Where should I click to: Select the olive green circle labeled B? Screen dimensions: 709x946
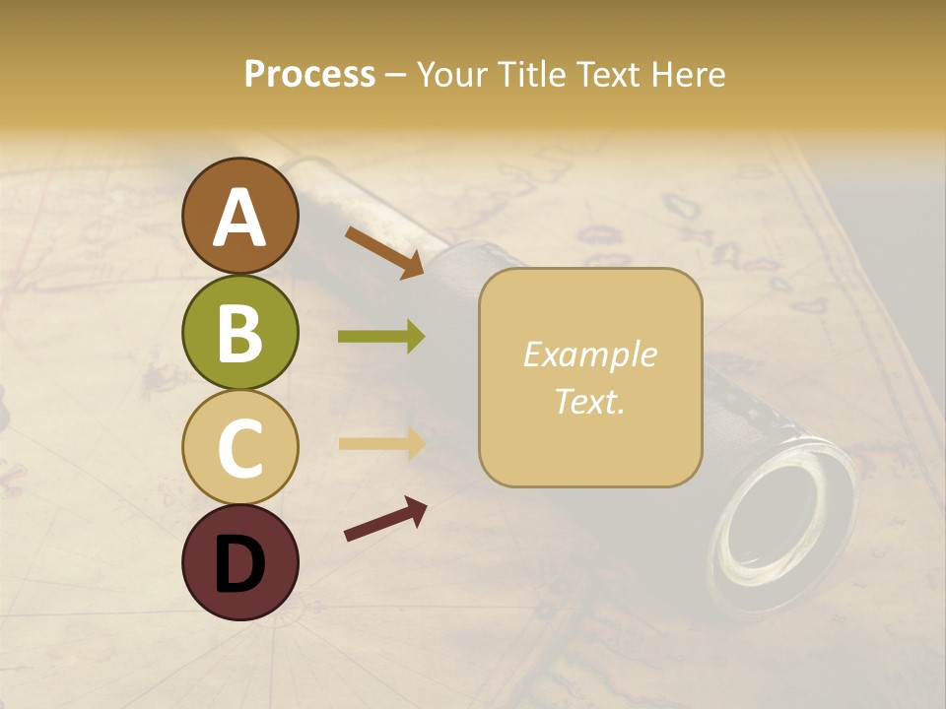[x=240, y=333]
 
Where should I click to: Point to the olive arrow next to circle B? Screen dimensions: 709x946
[x=381, y=337]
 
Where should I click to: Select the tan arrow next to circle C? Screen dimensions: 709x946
[x=381, y=443]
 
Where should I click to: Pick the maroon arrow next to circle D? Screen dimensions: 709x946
[x=385, y=519]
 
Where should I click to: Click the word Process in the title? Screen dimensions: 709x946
[x=309, y=74]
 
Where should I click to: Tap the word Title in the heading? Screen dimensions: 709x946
[x=532, y=74]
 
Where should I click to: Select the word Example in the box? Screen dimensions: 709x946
[x=589, y=354]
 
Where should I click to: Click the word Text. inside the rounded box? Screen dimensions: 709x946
[x=589, y=401]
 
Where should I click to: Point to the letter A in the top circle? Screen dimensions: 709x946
[x=240, y=218]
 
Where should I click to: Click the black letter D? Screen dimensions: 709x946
[x=240, y=564]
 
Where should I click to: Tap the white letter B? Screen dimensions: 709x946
[x=240, y=333]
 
